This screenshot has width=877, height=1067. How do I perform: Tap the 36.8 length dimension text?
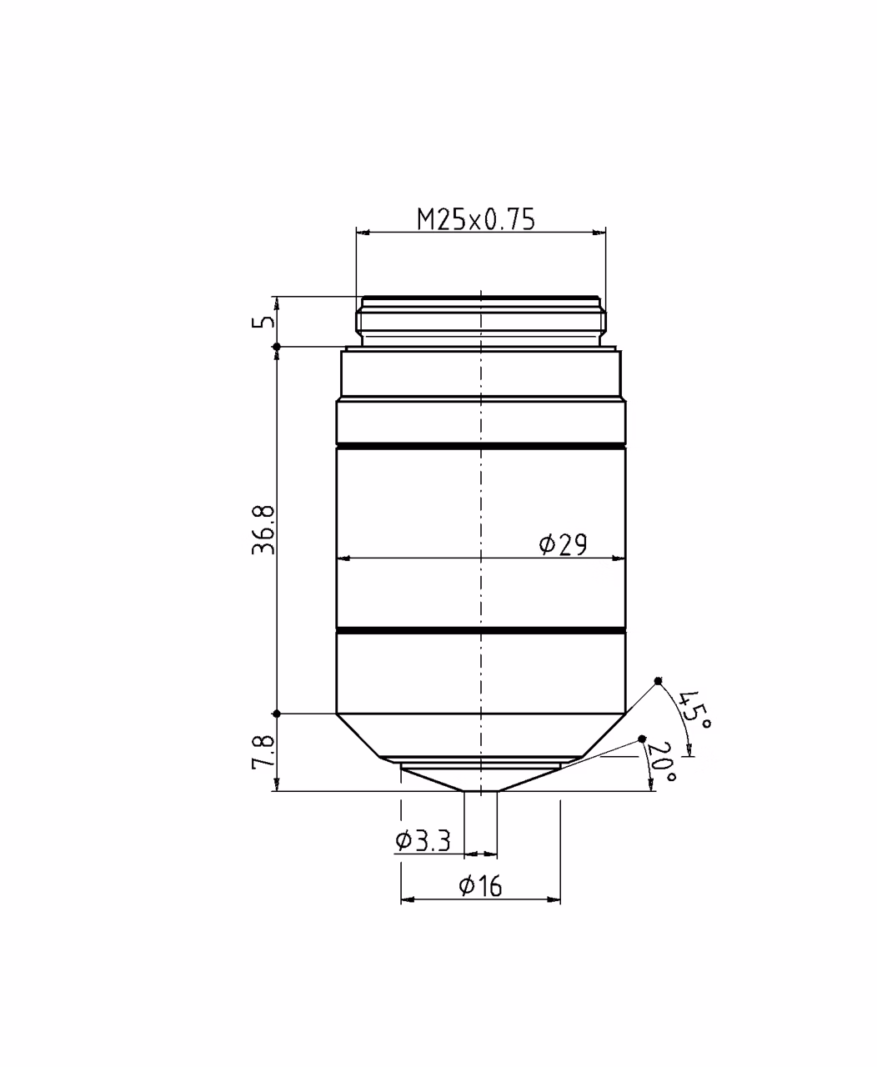[x=263, y=529]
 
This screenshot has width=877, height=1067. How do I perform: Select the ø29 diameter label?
[x=563, y=545]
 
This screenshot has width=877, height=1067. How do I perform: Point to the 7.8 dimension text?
[x=263, y=752]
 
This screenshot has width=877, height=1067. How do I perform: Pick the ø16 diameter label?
[x=480, y=886]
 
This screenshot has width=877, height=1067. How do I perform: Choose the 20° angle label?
[x=662, y=762]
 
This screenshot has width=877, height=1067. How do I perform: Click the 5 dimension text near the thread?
[x=263, y=321]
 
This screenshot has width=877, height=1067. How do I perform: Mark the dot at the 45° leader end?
[x=658, y=681]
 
